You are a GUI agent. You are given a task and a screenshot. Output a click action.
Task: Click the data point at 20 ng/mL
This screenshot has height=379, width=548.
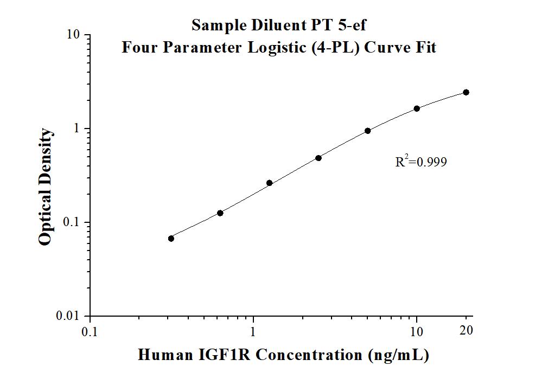click(x=466, y=93)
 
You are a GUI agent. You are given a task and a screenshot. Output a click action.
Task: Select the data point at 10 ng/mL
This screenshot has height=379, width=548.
click(x=417, y=108)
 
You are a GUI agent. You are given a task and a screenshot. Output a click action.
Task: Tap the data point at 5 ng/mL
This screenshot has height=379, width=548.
click(x=368, y=131)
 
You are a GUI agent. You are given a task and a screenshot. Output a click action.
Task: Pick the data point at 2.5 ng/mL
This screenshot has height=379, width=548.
click(x=318, y=158)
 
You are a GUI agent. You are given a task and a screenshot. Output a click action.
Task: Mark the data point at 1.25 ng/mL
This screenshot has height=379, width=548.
click(x=269, y=183)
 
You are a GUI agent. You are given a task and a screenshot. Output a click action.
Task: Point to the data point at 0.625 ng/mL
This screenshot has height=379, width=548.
click(x=220, y=213)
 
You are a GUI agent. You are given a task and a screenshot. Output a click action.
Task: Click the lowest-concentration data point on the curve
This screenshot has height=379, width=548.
click(x=171, y=239)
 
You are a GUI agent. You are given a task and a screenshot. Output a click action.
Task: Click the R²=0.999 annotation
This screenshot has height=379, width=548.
click(x=421, y=162)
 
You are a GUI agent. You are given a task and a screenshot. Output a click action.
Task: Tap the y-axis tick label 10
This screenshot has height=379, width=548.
click(x=73, y=35)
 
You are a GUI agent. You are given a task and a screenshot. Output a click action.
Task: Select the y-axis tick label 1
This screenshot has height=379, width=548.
click(x=77, y=129)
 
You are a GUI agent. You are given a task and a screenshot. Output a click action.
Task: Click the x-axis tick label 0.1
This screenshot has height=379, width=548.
click(x=90, y=331)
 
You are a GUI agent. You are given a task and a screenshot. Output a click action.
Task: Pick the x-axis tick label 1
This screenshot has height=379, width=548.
click(x=253, y=331)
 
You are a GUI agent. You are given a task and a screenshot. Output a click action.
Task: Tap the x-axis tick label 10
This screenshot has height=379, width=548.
click(x=417, y=331)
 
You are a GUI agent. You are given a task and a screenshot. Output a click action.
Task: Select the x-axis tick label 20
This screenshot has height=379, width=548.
click(x=466, y=330)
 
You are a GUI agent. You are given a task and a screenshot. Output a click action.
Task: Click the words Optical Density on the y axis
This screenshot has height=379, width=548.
click(x=46, y=187)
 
